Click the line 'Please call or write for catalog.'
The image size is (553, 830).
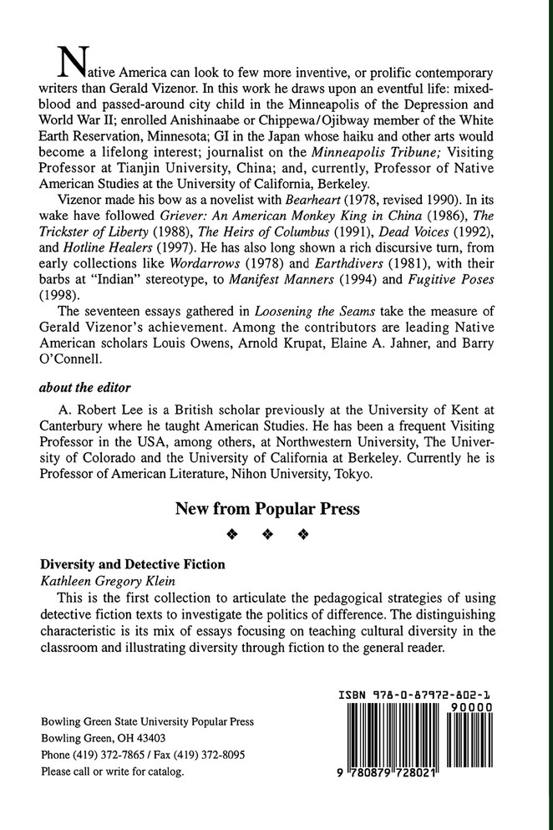(112, 771)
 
